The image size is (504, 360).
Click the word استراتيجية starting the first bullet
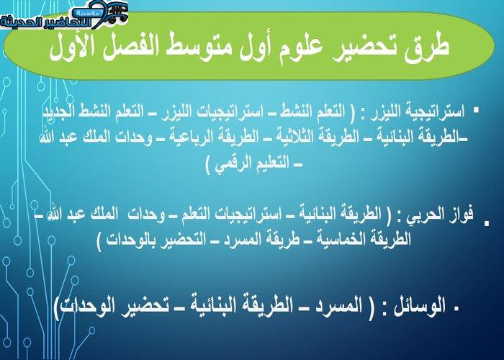pyautogui.click(x=437, y=112)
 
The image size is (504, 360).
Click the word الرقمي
pyautogui.click(x=229, y=164)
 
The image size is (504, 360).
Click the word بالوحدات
pyautogui.click(x=129, y=240)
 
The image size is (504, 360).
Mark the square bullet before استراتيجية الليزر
pyautogui.click(x=476, y=110)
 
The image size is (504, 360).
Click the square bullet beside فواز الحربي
pyautogui.click(x=487, y=222)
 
